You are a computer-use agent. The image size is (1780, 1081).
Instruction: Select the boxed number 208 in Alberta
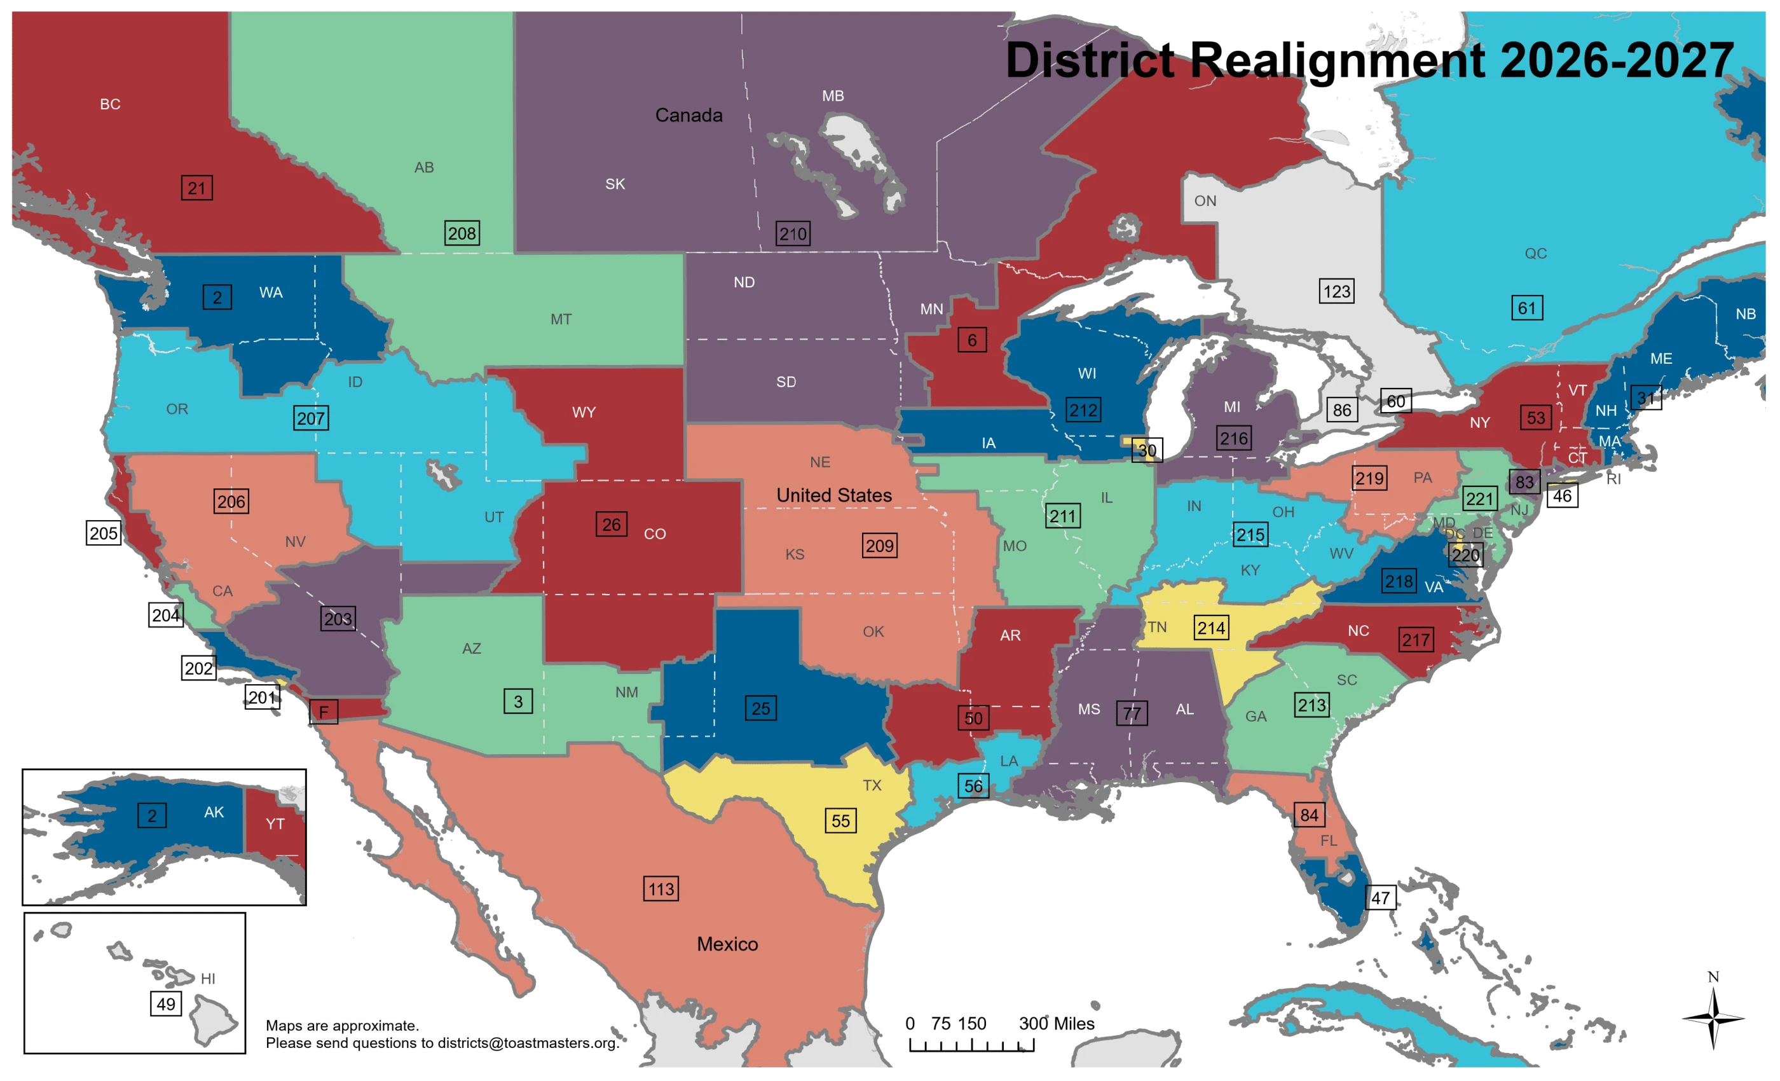point(462,233)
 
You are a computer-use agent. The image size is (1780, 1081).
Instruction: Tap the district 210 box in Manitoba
point(793,233)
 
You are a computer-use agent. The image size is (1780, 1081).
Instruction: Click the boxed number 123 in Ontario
point(1336,291)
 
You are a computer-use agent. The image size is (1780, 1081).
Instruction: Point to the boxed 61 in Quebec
point(1526,308)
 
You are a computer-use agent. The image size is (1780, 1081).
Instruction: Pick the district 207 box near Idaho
point(311,418)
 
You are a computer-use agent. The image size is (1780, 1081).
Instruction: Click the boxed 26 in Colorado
point(611,524)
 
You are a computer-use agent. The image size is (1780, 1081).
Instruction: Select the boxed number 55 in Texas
point(840,820)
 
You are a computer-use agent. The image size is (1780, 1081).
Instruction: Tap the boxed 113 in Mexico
point(661,888)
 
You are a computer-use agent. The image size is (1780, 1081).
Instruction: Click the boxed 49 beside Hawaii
point(165,1003)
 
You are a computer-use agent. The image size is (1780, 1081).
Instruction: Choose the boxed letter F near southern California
point(324,712)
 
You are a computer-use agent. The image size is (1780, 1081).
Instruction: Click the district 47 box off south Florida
point(1381,897)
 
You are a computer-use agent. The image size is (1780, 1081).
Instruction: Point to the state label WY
point(584,412)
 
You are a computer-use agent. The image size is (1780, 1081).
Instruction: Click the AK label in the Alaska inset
point(214,811)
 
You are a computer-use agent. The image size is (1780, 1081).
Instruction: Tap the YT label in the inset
point(275,823)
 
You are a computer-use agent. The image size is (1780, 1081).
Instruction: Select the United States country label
point(833,495)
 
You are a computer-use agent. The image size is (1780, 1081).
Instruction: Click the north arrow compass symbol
point(1713,1017)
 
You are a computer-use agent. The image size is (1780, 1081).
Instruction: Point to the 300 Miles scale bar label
point(1056,1023)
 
